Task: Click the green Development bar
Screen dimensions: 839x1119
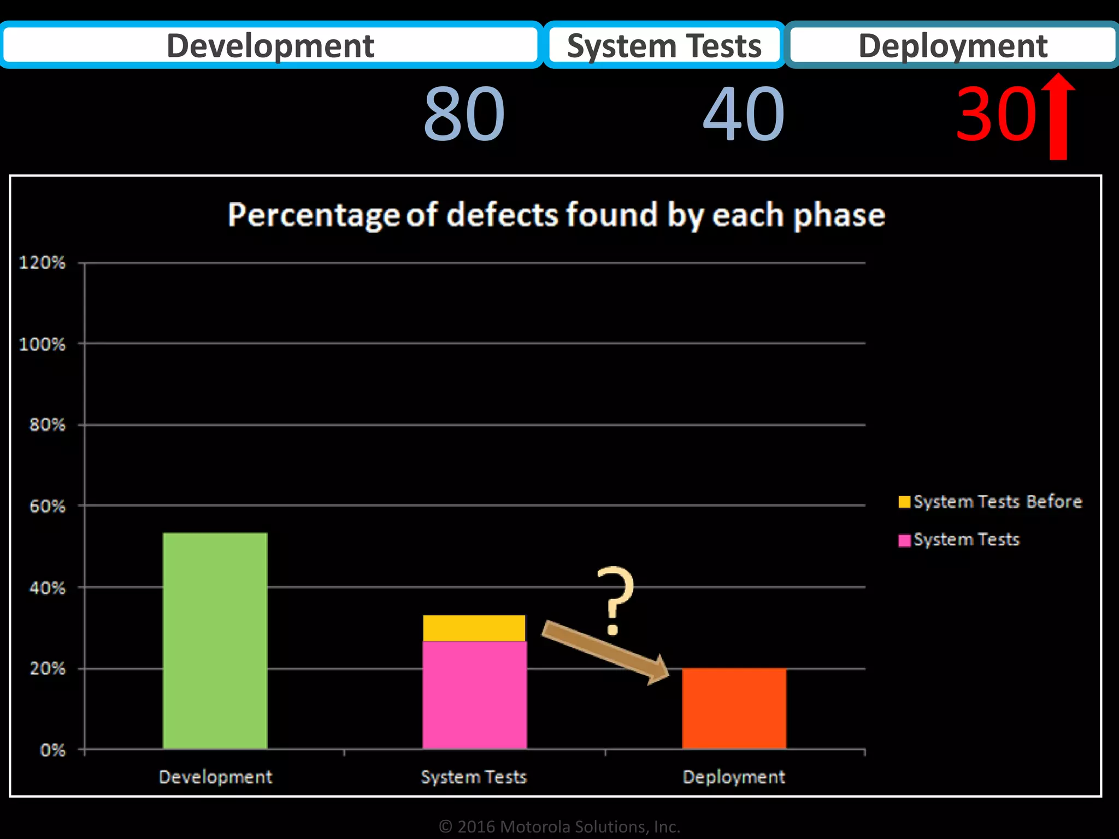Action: [215, 640]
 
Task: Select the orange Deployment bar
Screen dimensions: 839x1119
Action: [734, 708]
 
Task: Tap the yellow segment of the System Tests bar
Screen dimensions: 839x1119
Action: [474, 628]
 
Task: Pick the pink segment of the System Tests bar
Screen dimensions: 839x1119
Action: [474, 695]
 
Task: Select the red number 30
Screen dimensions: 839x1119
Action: [996, 114]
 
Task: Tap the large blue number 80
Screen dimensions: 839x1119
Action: [464, 114]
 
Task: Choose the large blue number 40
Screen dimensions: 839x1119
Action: [744, 114]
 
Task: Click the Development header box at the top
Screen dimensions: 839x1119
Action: [270, 45]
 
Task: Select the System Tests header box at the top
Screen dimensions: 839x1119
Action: [664, 45]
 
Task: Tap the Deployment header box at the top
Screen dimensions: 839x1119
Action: [952, 45]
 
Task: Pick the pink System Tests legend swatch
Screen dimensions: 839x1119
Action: [904, 540]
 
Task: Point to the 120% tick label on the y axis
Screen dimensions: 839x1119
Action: [42, 263]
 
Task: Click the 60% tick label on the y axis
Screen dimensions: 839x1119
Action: [47, 506]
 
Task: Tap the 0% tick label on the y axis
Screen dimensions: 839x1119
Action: [52, 750]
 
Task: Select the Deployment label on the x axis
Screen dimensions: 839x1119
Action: [734, 777]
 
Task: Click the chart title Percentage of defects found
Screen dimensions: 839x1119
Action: [556, 215]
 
